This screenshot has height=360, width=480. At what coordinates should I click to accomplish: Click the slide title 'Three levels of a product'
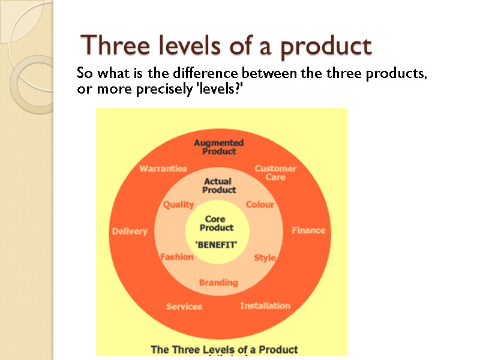(227, 46)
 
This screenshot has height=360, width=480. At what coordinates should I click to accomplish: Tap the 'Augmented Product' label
(218, 147)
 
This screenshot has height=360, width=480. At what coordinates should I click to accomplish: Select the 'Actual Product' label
(219, 185)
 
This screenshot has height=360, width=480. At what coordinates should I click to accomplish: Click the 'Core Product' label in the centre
(217, 223)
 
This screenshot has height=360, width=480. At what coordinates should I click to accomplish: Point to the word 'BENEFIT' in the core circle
(217, 245)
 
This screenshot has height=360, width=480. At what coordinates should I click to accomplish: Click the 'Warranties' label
(163, 169)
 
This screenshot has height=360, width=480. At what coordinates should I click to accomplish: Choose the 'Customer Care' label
(275, 172)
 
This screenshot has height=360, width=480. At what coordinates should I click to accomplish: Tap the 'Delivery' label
(130, 231)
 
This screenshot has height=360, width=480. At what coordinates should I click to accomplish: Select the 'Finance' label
(308, 230)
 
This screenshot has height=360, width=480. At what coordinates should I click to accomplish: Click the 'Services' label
(184, 306)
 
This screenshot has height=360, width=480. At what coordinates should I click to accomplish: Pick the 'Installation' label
(265, 305)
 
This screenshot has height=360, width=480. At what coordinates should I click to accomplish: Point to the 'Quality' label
(179, 205)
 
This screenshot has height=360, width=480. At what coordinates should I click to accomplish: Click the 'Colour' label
(260, 204)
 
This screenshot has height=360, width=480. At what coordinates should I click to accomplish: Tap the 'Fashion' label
(177, 257)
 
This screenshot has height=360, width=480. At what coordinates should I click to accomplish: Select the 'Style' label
(265, 257)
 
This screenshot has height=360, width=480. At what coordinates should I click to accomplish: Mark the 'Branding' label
(218, 282)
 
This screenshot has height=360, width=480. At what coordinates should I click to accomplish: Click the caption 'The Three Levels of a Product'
(224, 349)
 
